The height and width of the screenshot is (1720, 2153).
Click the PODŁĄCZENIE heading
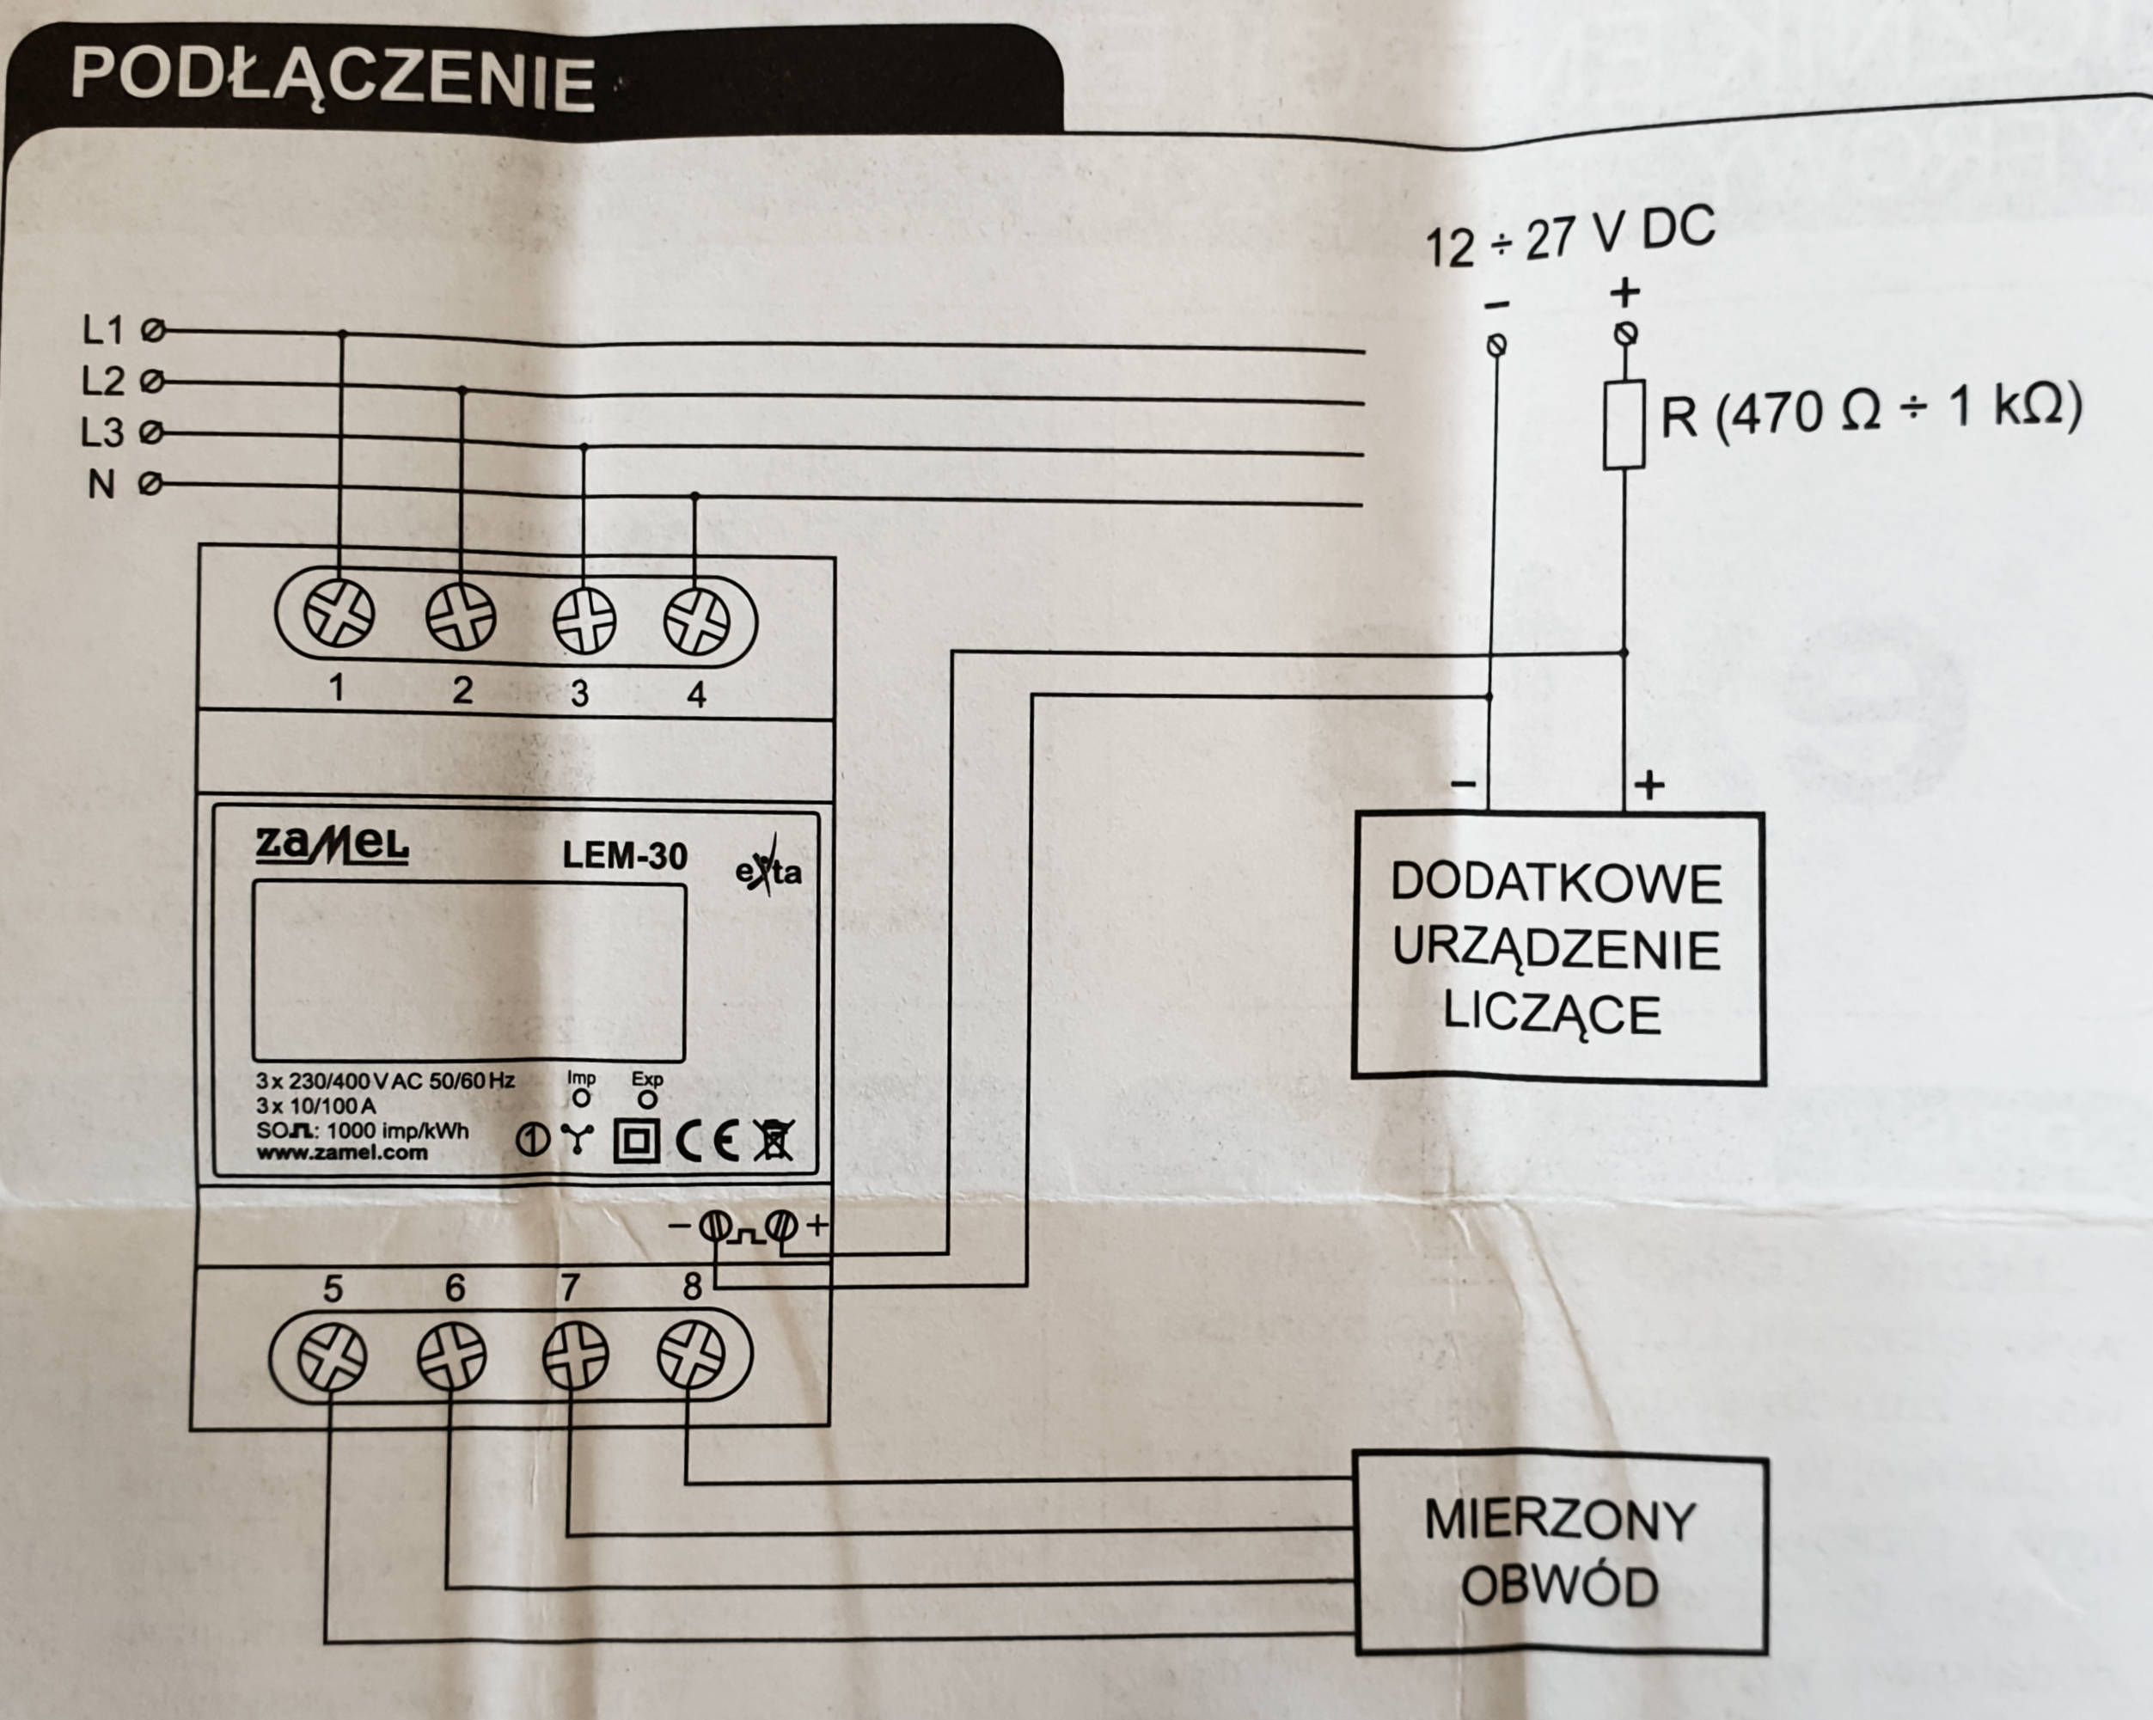point(333,79)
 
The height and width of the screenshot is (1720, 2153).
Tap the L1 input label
point(103,329)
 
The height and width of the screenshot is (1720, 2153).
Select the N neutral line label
point(101,485)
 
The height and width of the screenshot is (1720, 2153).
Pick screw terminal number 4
point(696,621)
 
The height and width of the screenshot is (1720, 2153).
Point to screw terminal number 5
point(333,1356)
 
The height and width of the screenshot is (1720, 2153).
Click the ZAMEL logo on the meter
point(332,846)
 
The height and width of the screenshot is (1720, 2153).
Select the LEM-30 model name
point(624,856)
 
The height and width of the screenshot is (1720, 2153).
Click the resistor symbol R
point(1624,425)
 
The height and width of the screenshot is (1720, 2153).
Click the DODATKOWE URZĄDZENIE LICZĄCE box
point(1558,947)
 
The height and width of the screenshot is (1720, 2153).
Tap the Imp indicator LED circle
point(580,1099)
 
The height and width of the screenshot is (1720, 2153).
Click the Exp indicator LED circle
point(647,1099)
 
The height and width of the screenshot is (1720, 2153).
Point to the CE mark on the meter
point(707,1142)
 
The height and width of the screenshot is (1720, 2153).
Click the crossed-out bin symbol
point(773,1141)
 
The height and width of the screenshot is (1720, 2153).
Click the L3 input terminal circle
point(152,433)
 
